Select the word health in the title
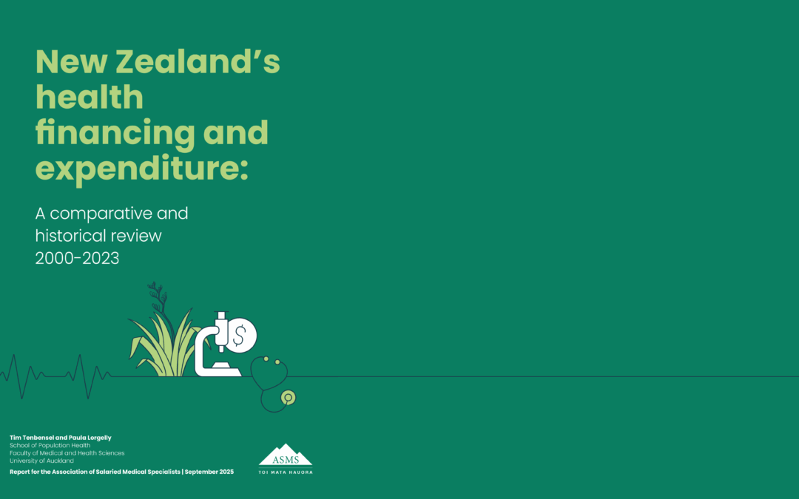(x=90, y=98)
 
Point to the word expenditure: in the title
(x=141, y=169)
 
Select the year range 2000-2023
(x=77, y=259)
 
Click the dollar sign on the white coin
(x=239, y=336)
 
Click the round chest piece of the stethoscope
(x=288, y=398)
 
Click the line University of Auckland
(x=41, y=461)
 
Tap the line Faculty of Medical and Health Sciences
(x=67, y=453)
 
